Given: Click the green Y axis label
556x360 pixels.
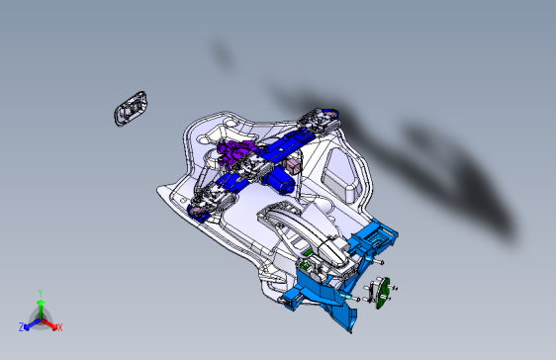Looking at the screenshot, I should (x=40, y=292).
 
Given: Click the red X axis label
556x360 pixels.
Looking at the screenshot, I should (x=59, y=326).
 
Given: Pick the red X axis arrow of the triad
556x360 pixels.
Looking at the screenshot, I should (x=51, y=323).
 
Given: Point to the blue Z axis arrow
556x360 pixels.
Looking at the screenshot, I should (x=30, y=323).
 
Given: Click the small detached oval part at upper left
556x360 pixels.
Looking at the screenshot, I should (x=130, y=108).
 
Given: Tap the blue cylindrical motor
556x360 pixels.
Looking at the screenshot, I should (x=282, y=180).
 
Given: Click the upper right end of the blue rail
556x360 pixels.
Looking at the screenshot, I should (x=322, y=121).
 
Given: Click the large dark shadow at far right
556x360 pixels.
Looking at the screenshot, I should (x=465, y=178).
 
